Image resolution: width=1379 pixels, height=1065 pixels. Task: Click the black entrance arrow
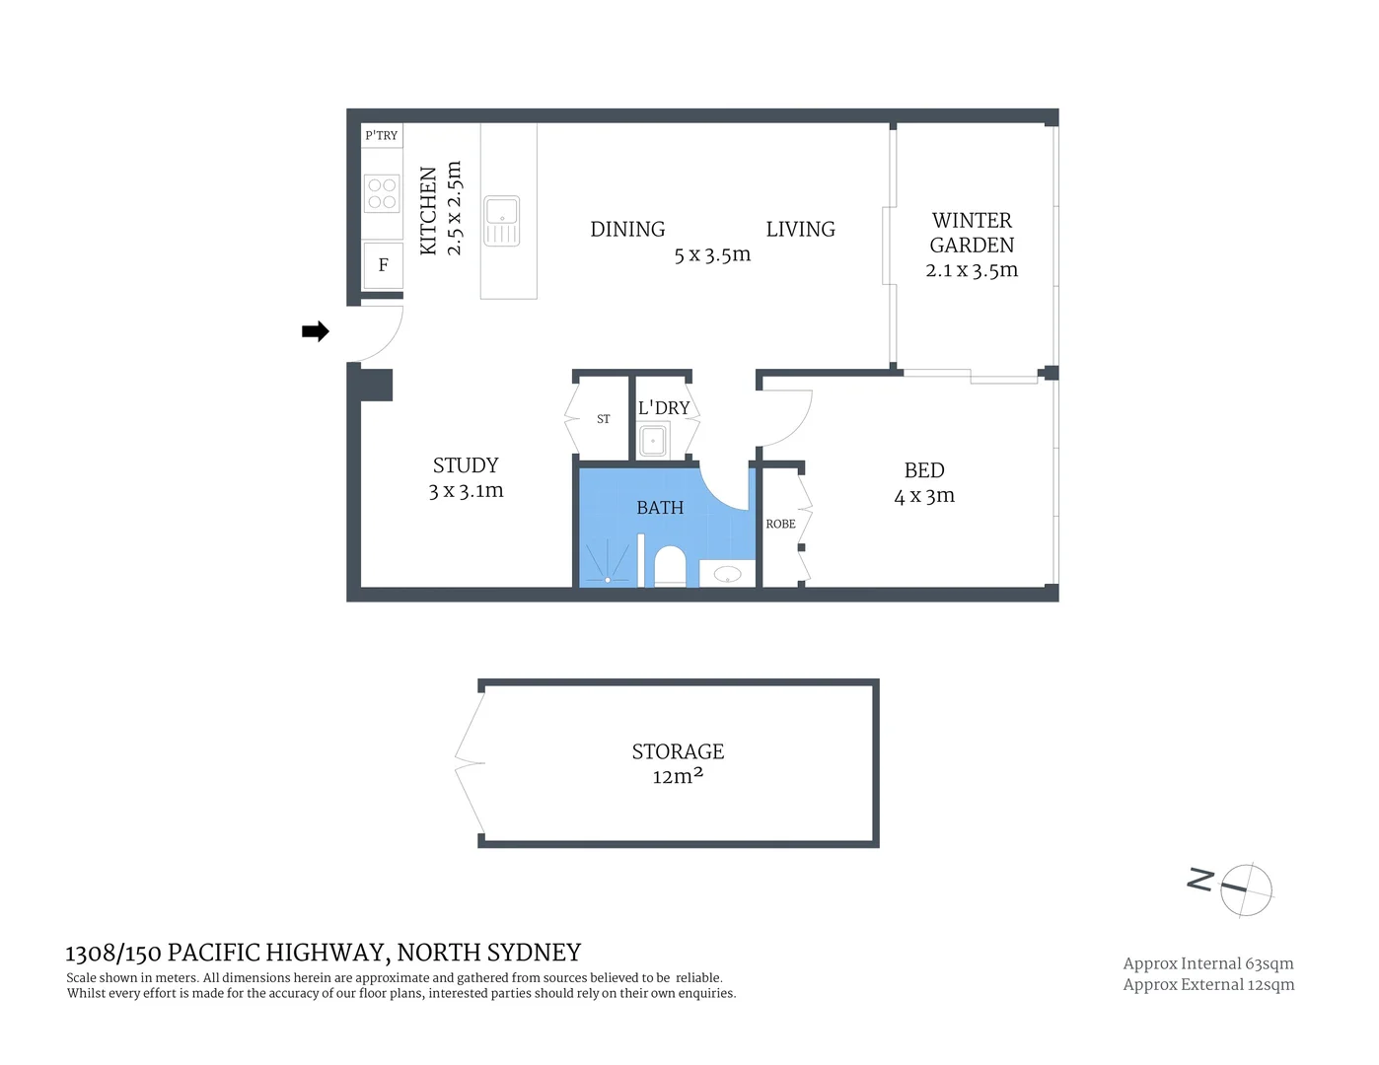315,331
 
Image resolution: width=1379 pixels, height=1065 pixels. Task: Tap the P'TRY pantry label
382,136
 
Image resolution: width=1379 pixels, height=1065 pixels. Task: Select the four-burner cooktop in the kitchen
382,193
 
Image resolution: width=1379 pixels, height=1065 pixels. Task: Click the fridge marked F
383,265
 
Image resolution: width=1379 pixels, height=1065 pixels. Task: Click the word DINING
627,229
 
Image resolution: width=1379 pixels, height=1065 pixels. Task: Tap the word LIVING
800,229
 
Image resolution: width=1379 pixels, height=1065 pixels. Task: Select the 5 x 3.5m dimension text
712,254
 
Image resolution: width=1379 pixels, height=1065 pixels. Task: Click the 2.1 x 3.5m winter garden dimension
972,270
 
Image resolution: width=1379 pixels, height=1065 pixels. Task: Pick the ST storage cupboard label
604,419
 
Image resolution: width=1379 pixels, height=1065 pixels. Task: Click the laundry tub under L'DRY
653,440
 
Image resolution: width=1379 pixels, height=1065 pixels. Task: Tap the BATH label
660,508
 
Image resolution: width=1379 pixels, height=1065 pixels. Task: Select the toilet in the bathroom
670,566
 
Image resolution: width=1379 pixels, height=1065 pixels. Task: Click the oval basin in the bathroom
728,574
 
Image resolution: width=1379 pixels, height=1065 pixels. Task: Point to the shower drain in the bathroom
608,579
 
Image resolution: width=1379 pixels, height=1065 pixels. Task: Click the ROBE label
780,524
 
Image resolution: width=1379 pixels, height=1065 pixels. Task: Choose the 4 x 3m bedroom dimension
924,496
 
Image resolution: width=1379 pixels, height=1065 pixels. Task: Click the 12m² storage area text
678,777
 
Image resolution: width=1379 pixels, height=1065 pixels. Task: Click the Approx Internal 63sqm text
1207,963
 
